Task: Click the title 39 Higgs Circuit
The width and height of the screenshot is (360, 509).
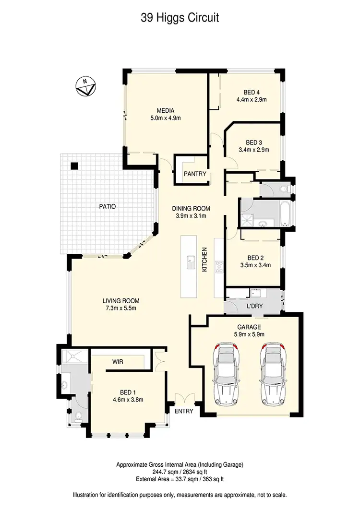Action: (x=180, y=18)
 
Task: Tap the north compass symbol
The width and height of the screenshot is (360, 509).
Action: (x=86, y=87)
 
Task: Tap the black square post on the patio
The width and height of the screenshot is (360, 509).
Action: (x=74, y=166)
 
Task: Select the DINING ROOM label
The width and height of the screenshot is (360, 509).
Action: (x=191, y=208)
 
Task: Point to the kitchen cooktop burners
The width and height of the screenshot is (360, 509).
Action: (x=219, y=267)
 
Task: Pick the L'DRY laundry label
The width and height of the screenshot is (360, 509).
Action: (x=253, y=306)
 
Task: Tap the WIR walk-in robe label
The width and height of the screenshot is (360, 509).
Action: (x=118, y=362)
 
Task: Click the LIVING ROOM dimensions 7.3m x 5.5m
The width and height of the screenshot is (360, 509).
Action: (x=120, y=308)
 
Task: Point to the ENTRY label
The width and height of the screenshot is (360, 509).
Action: (x=184, y=411)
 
